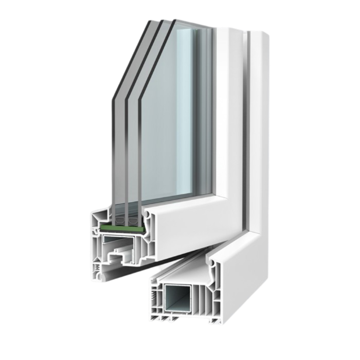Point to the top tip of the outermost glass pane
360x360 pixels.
click(150, 22)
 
